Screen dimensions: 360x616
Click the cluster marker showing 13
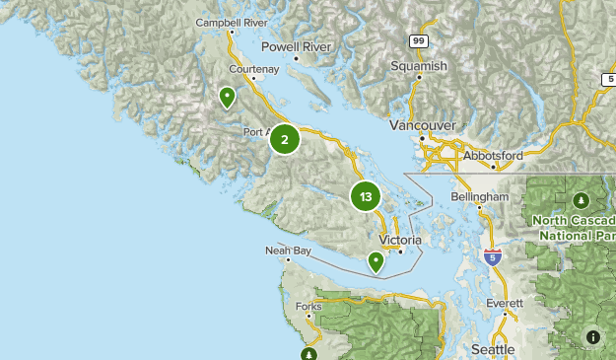366,196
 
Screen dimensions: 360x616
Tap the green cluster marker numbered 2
285,139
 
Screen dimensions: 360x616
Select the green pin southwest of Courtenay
227,97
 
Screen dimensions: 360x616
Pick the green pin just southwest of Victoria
376,260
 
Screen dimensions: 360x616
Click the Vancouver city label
422,126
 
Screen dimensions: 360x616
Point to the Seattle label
493,349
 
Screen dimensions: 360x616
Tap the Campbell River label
232,22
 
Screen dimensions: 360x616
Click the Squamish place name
419,66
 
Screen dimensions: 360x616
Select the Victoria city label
400,240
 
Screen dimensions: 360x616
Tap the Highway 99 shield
419,39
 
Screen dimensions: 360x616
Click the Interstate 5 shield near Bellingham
492,257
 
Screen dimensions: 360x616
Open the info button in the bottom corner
592,336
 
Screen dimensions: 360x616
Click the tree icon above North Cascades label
582,200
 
